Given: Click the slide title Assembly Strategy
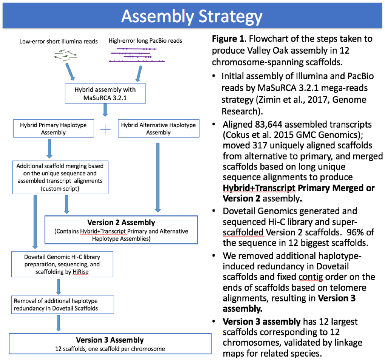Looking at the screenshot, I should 192,17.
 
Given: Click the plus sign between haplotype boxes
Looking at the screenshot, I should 105,129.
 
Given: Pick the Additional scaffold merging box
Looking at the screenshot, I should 60,176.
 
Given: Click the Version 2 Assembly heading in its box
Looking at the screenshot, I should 121,222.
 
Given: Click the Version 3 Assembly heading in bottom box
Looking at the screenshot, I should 110,340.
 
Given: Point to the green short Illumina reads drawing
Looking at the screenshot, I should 66,56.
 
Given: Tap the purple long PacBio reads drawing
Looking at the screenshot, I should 138,55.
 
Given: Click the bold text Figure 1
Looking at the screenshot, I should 228,39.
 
